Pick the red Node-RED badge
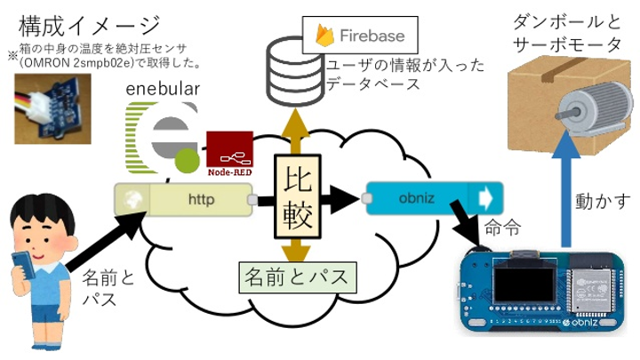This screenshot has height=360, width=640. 229,152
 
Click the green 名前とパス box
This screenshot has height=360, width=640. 298,276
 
